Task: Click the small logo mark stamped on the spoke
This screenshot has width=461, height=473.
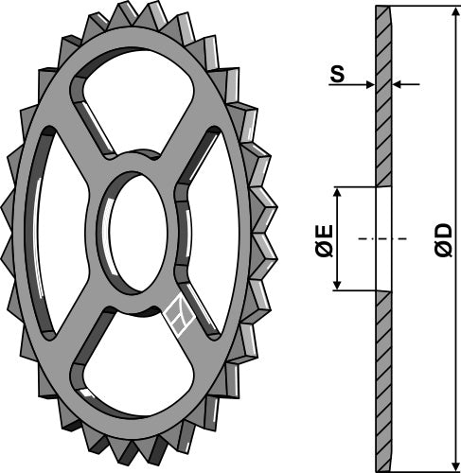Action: tap(178, 316)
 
